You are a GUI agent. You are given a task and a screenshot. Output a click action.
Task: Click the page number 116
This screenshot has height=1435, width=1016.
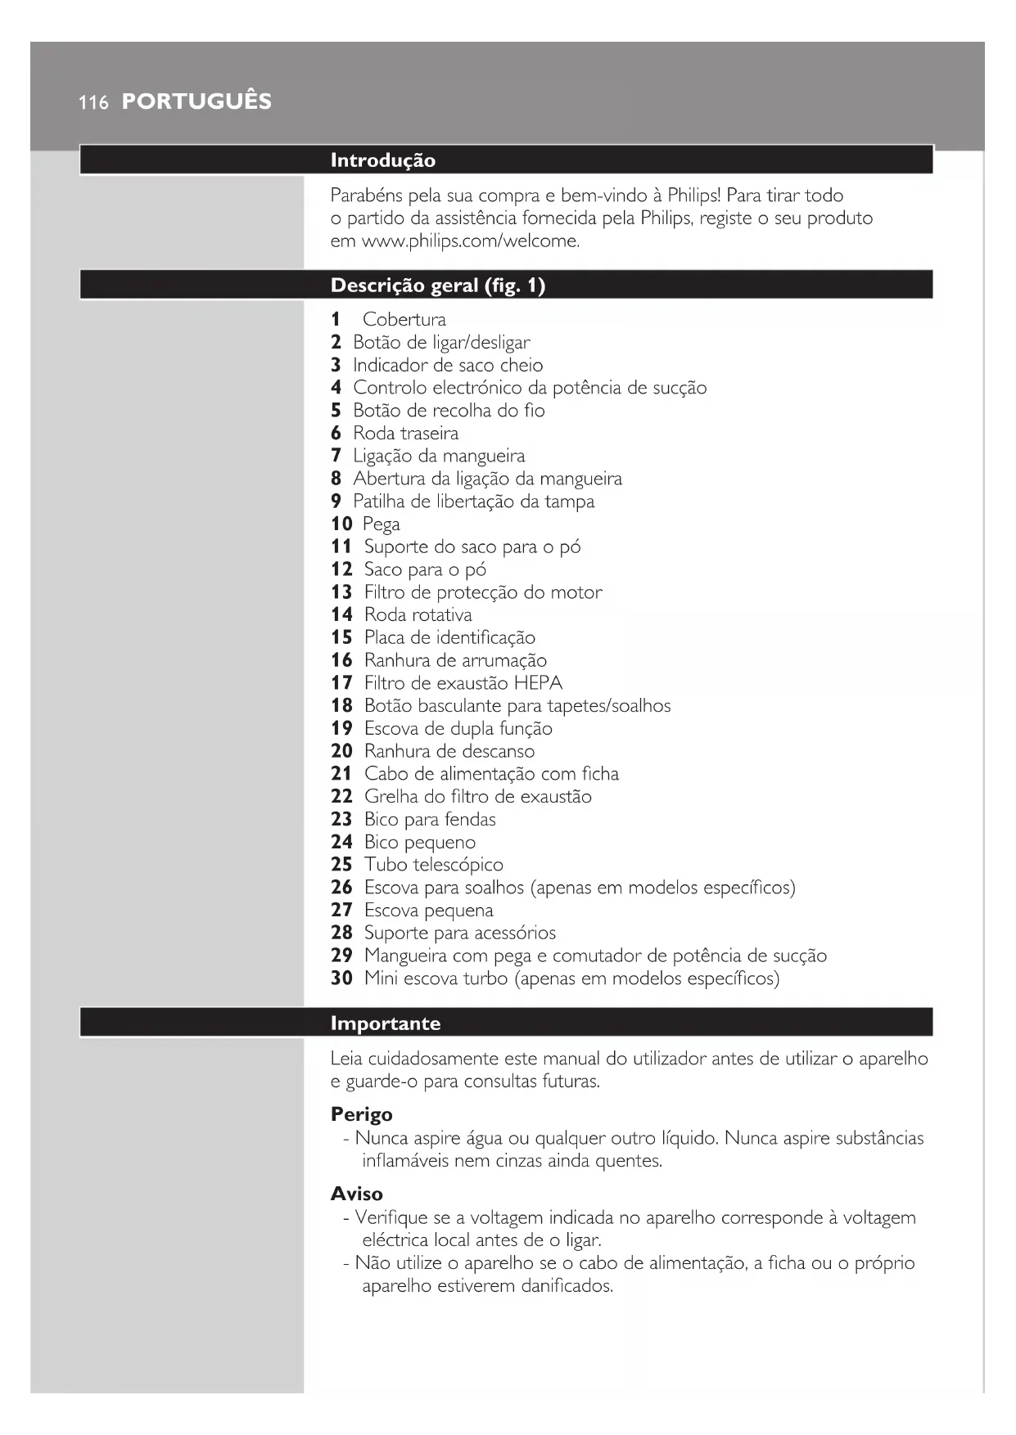click(x=93, y=102)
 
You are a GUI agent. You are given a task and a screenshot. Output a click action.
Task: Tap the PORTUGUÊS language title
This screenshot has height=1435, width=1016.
click(x=196, y=101)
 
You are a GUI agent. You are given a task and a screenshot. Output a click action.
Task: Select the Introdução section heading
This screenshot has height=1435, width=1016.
click(x=382, y=160)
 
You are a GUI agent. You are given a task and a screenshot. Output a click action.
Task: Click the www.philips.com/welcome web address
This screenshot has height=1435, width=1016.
click(x=470, y=241)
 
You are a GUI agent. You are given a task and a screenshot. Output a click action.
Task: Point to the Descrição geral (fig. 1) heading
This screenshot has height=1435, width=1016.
click(x=437, y=286)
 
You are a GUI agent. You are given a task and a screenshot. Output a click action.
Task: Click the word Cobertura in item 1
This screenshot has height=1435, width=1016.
click(x=404, y=320)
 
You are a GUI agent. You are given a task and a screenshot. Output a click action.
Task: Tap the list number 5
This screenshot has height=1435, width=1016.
click(x=336, y=411)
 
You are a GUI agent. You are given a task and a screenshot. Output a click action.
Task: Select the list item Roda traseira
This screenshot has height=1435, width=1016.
click(x=405, y=434)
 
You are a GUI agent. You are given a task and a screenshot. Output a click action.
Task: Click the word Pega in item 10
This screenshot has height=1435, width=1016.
click(x=382, y=524)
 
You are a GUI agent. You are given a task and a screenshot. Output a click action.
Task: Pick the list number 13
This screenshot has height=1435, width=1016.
click(x=341, y=592)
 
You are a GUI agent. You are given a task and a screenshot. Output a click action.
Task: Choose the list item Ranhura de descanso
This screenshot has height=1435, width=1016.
click(x=449, y=751)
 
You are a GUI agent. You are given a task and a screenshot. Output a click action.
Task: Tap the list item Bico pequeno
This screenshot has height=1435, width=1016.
click(x=419, y=842)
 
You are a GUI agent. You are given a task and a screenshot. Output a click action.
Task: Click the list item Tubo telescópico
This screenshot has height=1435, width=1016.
click(x=433, y=865)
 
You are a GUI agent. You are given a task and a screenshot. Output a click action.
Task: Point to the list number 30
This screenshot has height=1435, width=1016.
click(x=341, y=978)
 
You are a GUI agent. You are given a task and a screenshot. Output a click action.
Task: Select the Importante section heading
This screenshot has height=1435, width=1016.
click(x=385, y=1023)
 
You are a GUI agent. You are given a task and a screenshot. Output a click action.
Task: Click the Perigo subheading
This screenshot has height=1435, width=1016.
click(x=361, y=1114)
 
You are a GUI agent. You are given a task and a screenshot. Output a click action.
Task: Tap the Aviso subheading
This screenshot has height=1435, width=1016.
click(x=356, y=1194)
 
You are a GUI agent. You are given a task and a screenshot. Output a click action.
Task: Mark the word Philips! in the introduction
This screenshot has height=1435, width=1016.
click(x=693, y=196)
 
